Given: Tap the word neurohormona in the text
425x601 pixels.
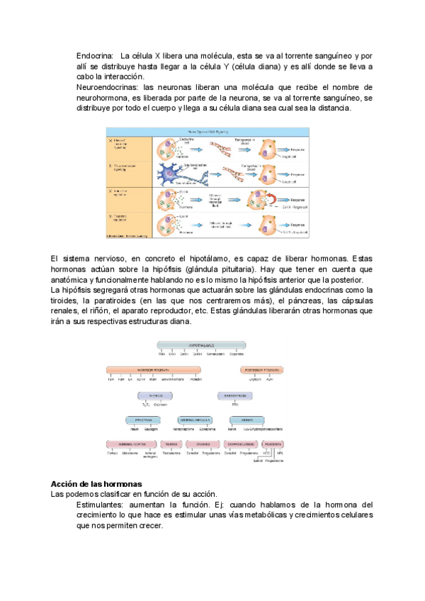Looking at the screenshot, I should [103, 98].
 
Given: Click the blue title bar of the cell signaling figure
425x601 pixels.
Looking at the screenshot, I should [208, 131].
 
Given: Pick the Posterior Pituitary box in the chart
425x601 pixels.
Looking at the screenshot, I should [263, 369].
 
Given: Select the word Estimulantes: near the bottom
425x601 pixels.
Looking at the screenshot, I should [101, 505].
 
